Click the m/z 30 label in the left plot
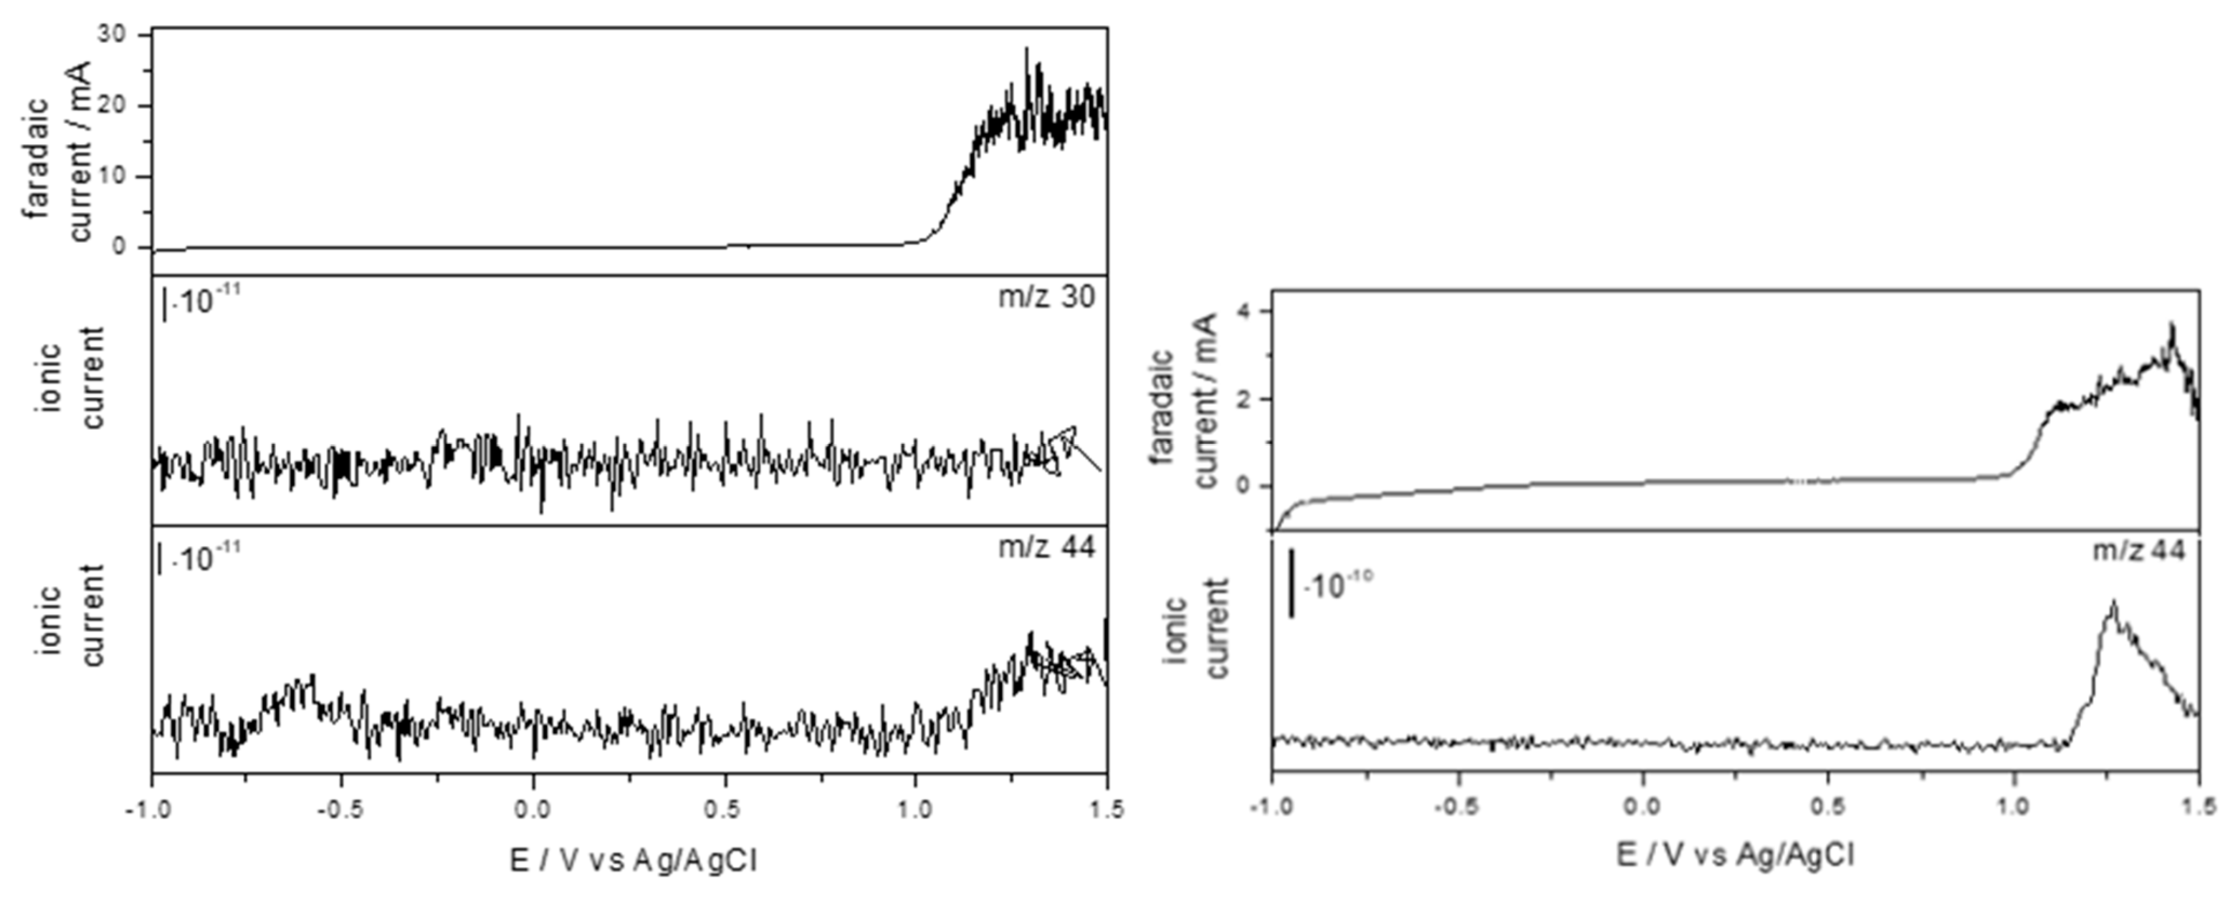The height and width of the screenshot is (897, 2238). (1046, 297)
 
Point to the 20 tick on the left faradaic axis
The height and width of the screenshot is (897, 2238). (116, 106)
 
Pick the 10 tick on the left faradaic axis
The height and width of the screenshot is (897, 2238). (116, 177)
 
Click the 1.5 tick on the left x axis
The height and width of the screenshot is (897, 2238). (1105, 810)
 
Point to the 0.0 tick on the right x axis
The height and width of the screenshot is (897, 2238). (1642, 807)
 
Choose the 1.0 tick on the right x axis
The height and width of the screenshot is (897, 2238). (2014, 807)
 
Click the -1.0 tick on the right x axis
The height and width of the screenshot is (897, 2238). (1271, 807)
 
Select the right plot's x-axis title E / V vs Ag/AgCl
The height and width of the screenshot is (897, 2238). (1735, 856)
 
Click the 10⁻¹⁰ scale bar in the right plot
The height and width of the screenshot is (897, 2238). (1292, 583)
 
